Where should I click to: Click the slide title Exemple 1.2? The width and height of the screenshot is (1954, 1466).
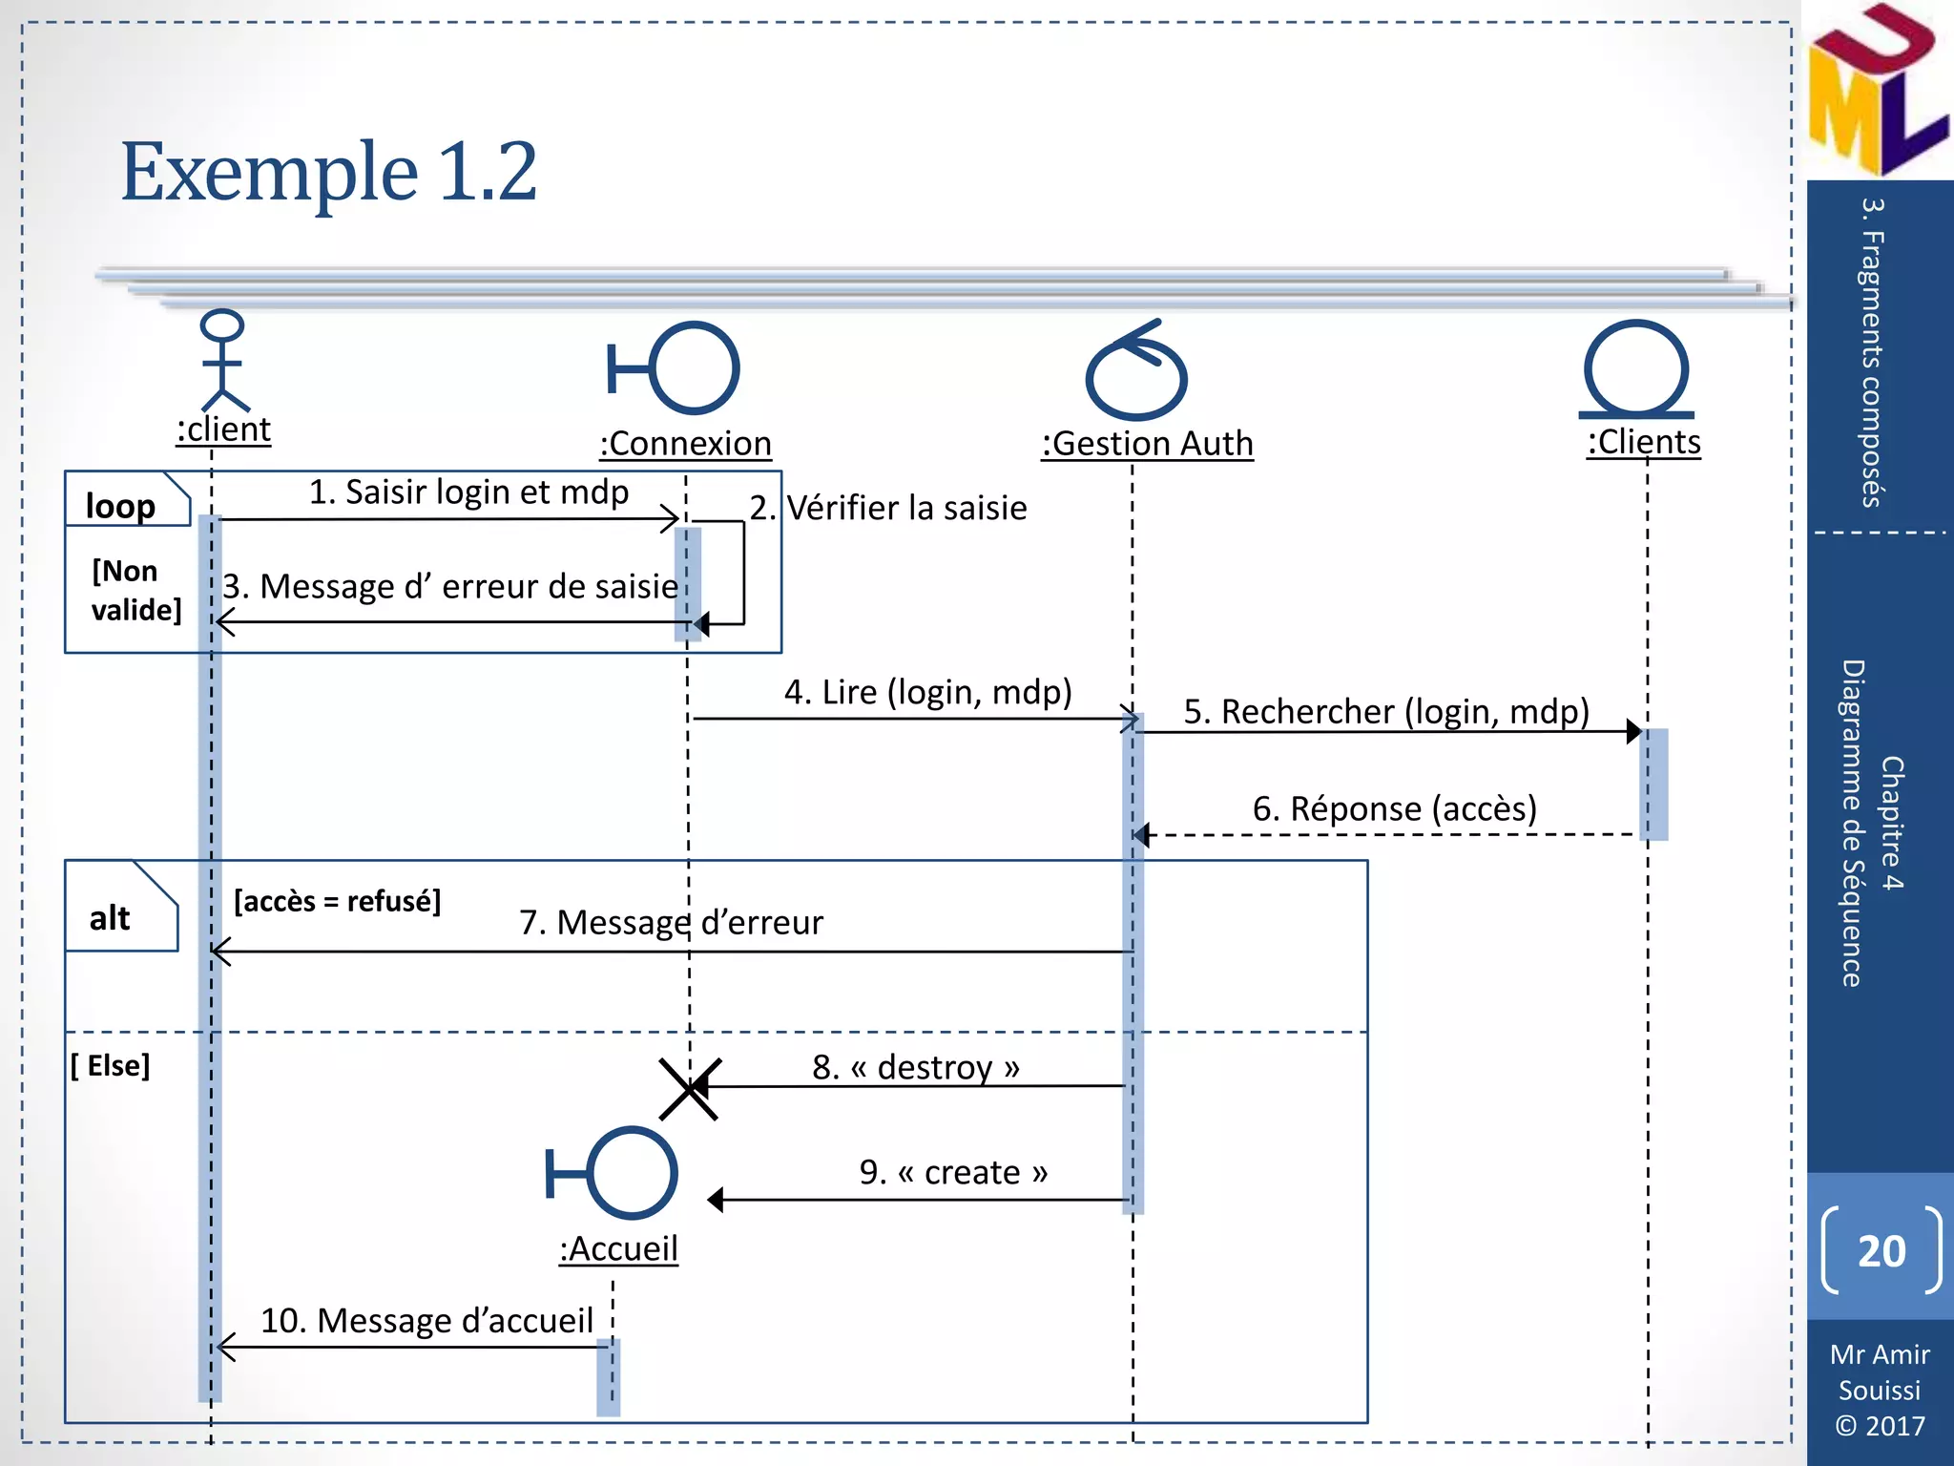(x=329, y=172)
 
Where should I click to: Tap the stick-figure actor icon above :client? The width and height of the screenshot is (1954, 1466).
(x=223, y=360)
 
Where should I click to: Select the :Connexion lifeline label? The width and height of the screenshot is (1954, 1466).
(x=685, y=444)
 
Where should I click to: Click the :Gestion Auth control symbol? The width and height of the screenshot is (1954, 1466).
(x=1135, y=372)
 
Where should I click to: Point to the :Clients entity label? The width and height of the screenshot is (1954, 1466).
(x=1644, y=442)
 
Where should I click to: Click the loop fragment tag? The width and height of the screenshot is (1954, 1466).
(x=121, y=505)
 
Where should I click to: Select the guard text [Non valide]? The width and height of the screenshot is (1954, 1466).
(x=135, y=590)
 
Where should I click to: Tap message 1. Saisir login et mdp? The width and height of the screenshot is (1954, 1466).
(x=468, y=492)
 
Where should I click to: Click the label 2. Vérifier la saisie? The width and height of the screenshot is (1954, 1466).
(x=887, y=508)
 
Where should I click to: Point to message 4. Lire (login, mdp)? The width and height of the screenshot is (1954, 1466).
(x=927, y=692)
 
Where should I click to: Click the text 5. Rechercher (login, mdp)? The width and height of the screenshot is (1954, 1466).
(x=1385, y=712)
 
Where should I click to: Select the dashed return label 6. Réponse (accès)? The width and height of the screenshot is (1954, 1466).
(x=1394, y=809)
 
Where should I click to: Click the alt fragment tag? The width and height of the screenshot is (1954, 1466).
(x=111, y=918)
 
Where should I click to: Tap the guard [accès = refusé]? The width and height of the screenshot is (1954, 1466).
(x=337, y=901)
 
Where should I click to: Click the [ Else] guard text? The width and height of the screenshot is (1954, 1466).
(x=111, y=1065)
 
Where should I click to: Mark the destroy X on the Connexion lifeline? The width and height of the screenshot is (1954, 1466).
(x=689, y=1088)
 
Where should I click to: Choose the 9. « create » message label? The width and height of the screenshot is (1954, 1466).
(x=952, y=1172)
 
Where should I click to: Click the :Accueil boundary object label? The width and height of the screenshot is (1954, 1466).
(x=618, y=1248)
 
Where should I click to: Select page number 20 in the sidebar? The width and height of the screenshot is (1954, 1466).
(x=1881, y=1251)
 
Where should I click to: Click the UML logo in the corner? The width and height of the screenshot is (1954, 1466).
(x=1876, y=91)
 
